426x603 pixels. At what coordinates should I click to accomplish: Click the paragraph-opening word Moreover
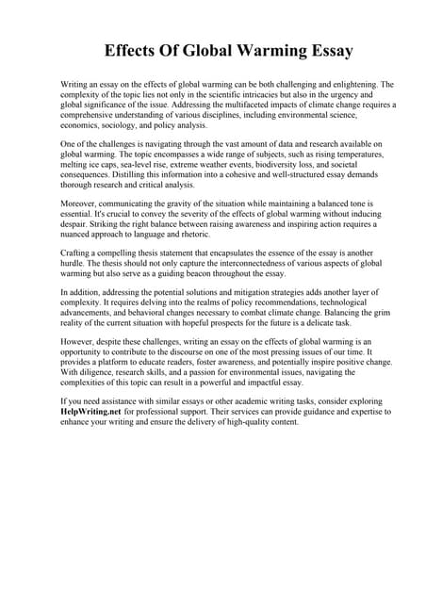click(x=79, y=204)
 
